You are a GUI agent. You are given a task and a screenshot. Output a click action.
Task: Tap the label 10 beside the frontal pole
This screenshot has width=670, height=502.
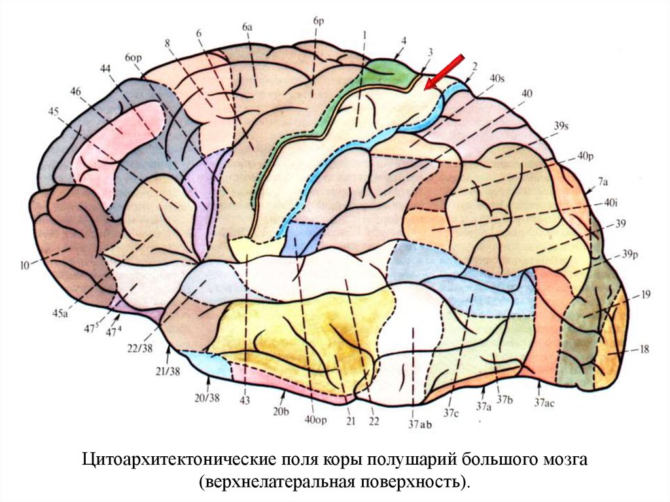click(25, 265)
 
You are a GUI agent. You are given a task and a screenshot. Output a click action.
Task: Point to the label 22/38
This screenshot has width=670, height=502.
click(141, 348)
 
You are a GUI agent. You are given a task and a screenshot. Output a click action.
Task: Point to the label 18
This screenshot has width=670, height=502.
click(644, 350)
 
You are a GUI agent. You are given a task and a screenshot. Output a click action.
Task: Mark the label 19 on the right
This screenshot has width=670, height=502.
click(645, 295)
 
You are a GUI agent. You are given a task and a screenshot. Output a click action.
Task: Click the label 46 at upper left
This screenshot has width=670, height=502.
click(77, 91)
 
